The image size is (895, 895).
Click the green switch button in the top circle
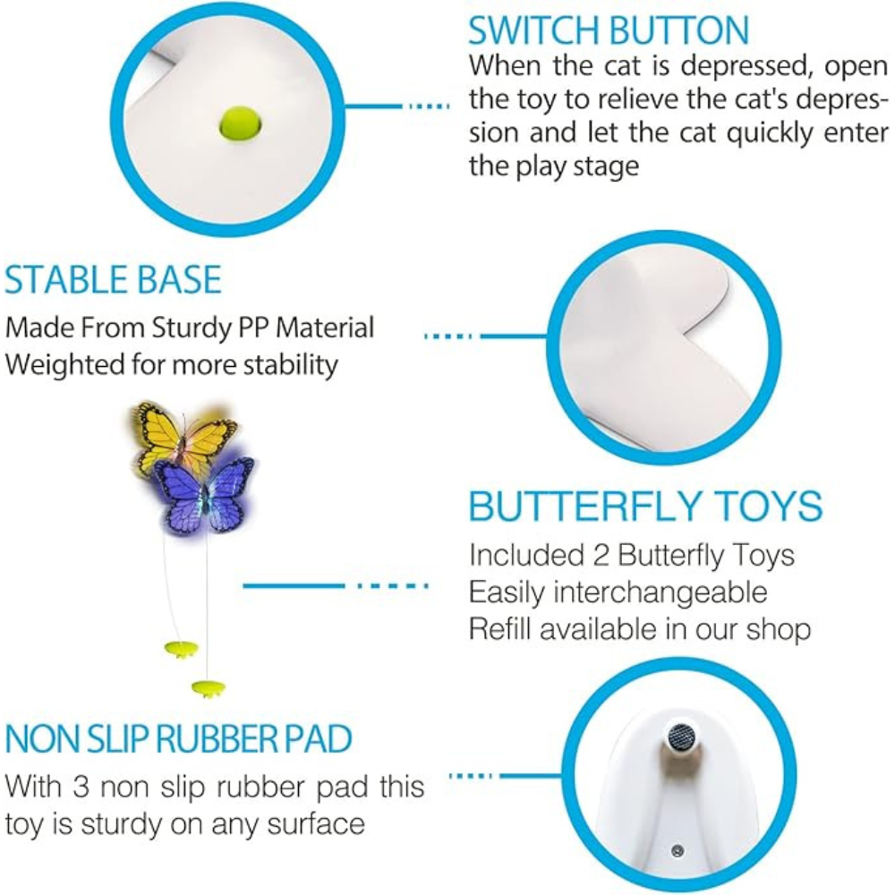[x=240, y=124]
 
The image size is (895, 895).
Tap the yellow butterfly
[x=183, y=434]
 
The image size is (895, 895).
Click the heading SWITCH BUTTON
[x=609, y=30]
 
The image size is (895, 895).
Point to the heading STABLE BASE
[x=113, y=279]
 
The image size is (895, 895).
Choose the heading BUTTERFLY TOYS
[x=645, y=506]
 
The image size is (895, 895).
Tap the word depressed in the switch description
[x=746, y=66]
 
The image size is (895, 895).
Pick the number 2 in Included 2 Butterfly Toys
[x=601, y=556]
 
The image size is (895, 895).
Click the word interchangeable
[x=661, y=593]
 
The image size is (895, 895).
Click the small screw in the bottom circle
[x=678, y=851]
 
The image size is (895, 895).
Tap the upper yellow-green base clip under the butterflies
[x=181, y=648]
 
